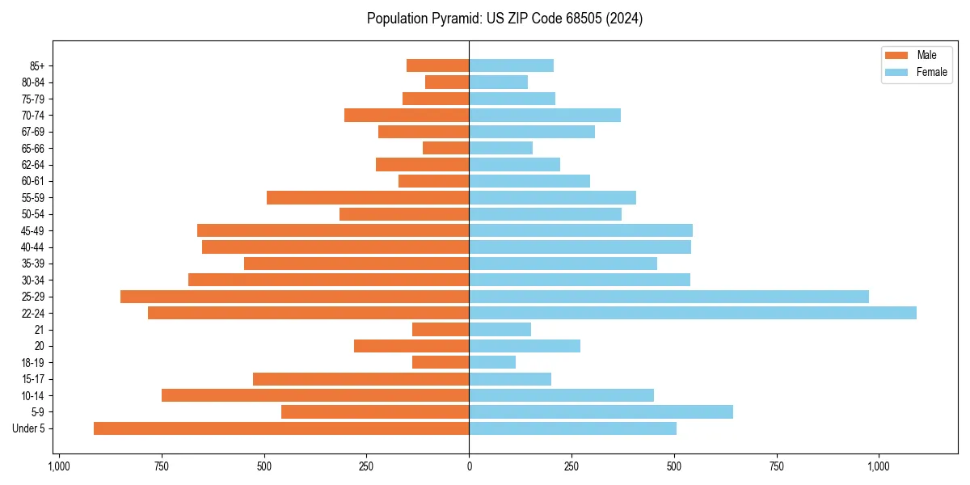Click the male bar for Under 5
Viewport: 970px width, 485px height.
tap(281, 428)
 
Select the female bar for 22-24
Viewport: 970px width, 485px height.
tap(693, 313)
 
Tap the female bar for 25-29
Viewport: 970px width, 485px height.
tap(668, 297)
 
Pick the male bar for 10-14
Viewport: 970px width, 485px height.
tap(315, 395)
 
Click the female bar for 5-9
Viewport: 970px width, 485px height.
tap(601, 412)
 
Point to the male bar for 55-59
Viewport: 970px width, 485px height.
tap(368, 198)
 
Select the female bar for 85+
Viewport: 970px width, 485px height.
tap(511, 65)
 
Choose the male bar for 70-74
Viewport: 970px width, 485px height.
tap(407, 116)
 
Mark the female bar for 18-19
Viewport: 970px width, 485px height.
tap(492, 362)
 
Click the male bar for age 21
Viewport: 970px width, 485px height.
tap(441, 330)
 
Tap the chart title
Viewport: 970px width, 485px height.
tap(504, 19)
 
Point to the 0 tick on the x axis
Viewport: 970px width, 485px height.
tap(469, 466)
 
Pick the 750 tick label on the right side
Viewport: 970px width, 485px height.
tap(776, 466)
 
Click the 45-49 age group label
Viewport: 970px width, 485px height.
tap(32, 231)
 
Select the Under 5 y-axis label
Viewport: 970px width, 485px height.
tap(28, 428)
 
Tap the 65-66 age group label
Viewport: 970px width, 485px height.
tap(32, 149)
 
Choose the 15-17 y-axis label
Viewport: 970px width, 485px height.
tap(32, 379)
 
